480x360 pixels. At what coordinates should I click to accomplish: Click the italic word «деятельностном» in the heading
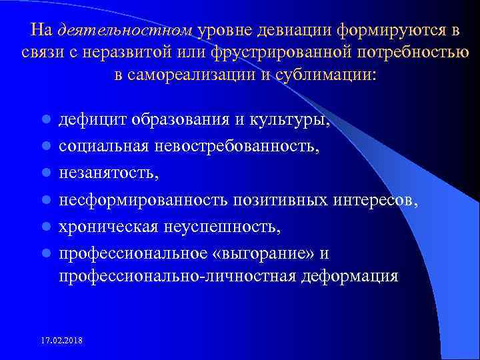(x=125, y=31)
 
